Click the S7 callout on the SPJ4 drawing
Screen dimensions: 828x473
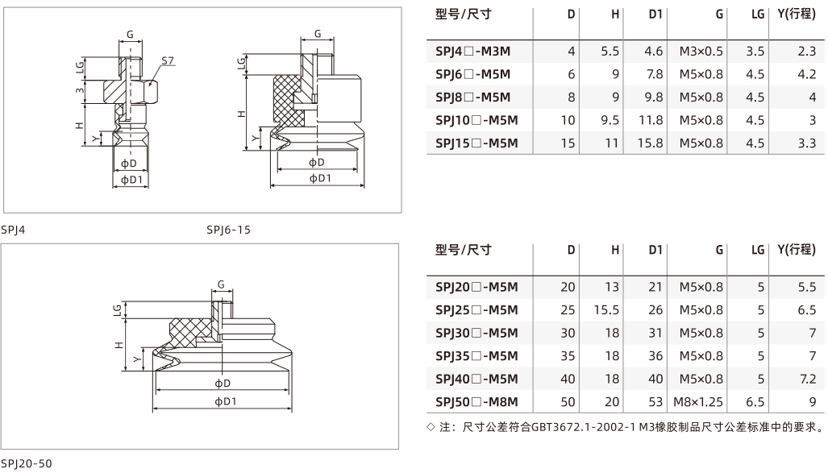(168, 60)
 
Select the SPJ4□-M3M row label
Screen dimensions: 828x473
(472, 52)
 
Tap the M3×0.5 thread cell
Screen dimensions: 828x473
(701, 52)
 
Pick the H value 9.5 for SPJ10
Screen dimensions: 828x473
(610, 120)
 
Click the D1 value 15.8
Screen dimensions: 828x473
(651, 143)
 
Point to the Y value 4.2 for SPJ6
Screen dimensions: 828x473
(807, 74)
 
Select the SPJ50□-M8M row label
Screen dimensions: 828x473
(476, 402)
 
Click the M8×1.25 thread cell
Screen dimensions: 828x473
(698, 402)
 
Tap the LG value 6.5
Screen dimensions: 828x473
(755, 402)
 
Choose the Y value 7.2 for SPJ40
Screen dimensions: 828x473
(808, 379)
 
